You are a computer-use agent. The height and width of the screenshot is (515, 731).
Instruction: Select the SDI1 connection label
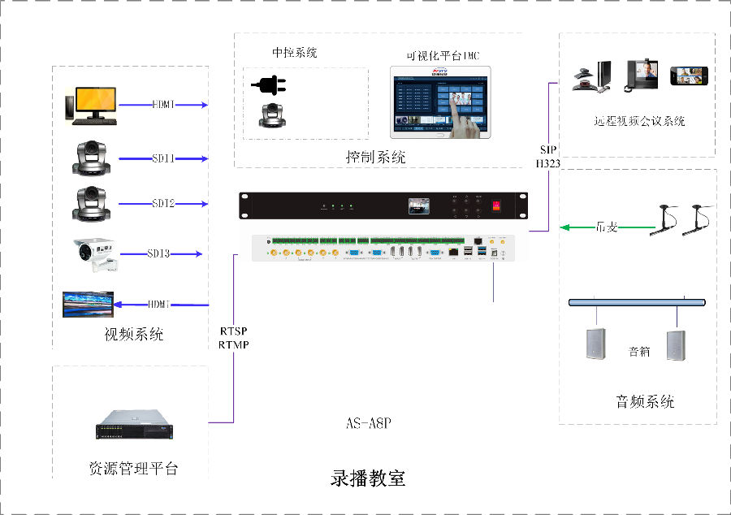point(162,158)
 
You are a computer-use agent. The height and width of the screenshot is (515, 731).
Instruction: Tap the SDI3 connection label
point(159,254)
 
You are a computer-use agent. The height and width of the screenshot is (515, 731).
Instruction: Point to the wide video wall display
point(88,303)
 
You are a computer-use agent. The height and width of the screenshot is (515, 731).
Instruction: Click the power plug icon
point(269,84)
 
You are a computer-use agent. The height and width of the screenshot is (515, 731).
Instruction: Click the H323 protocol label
point(548,163)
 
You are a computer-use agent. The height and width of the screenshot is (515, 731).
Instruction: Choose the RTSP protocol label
point(233,331)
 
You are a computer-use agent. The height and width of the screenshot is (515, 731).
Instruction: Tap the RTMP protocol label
point(233,344)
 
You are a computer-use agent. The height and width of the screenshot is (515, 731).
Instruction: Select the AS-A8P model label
point(369,424)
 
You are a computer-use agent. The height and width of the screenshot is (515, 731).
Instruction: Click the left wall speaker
point(597,344)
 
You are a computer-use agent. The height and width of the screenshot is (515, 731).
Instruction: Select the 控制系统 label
point(376,157)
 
